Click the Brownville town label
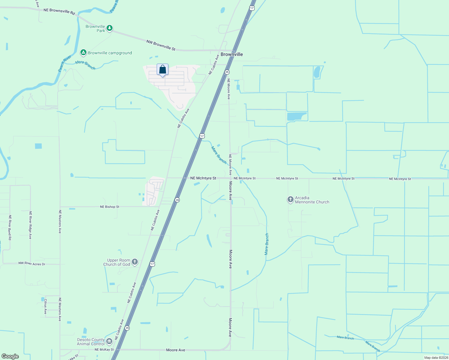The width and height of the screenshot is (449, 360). (232, 54)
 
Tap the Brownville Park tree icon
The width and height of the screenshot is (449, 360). (110, 28)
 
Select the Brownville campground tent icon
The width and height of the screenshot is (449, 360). (83, 52)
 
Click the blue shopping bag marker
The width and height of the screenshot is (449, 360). (162, 70)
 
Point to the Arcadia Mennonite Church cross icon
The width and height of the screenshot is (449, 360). (290, 199)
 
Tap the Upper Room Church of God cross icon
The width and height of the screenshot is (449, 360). (134, 262)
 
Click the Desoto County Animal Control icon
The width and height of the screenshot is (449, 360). (109, 341)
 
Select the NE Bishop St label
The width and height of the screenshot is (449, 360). (110, 207)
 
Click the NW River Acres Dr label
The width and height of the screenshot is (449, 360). (32, 264)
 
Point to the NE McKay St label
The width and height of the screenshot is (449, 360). (104, 349)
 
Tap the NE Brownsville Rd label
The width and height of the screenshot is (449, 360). (59, 11)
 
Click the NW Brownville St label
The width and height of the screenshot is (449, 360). (161, 45)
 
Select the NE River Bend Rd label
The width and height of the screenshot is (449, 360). (10, 227)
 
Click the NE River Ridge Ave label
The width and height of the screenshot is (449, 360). (30, 225)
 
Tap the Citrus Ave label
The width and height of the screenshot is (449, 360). (46, 306)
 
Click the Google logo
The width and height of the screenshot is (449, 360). (10, 356)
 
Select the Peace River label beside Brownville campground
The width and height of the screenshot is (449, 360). (65, 63)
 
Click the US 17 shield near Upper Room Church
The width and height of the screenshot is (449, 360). (152, 264)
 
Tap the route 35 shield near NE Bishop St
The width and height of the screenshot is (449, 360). (177, 200)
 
